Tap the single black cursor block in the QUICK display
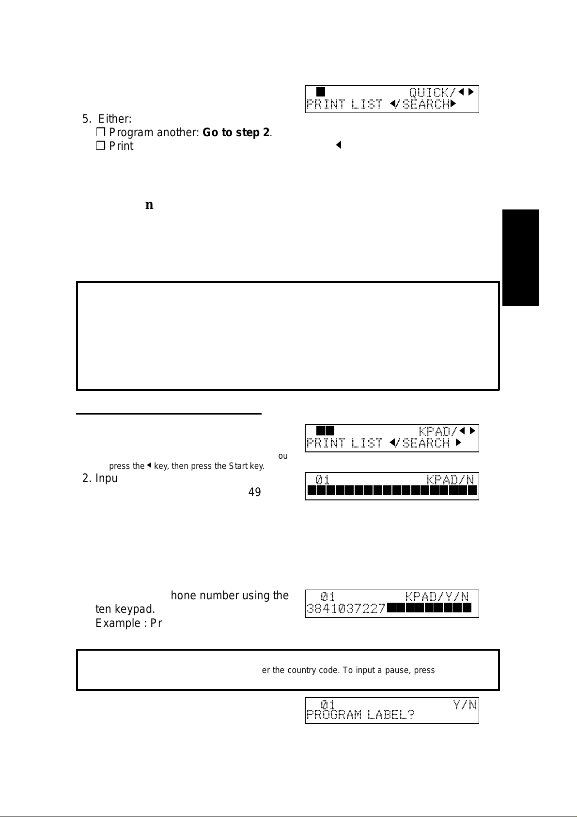pyautogui.click(x=321, y=92)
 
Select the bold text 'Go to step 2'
pyautogui.click(x=236, y=132)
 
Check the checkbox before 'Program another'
pyautogui.click(x=100, y=132)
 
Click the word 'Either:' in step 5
pyautogui.click(x=115, y=119)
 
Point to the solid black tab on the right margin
pyautogui.click(x=520, y=257)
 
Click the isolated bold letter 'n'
pyautogui.click(x=149, y=205)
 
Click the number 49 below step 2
pyautogui.click(x=254, y=492)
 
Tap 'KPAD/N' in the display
pyautogui.click(x=450, y=480)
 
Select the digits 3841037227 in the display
pyautogui.click(x=346, y=608)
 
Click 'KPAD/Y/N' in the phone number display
pyautogui.click(x=437, y=596)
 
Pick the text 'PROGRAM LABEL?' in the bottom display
pyautogui.click(x=360, y=715)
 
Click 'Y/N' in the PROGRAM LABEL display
pyautogui.click(x=465, y=705)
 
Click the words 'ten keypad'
pyautogui.click(x=125, y=609)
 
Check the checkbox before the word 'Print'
pyautogui.click(x=100, y=146)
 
